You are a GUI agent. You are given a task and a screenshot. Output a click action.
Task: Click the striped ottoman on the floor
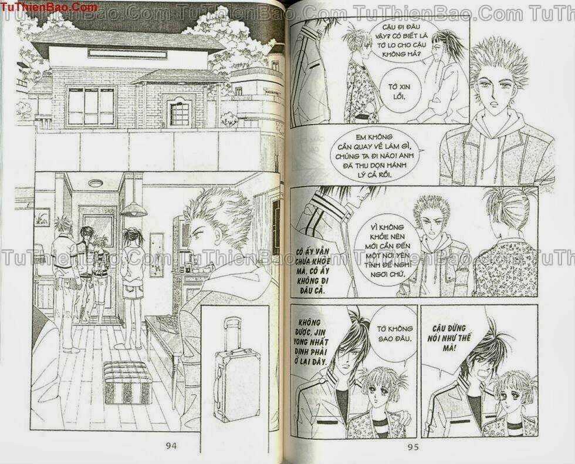pos(127,382)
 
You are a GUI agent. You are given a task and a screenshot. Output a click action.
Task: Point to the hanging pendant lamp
pos(134,209)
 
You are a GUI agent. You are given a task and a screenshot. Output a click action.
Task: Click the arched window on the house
pos(179,111)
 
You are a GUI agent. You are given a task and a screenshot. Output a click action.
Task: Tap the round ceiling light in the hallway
pos(96,183)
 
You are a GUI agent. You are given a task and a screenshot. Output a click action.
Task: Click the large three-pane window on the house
pos(91,106)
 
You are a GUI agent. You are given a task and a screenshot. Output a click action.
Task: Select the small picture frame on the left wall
pos(42,217)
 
